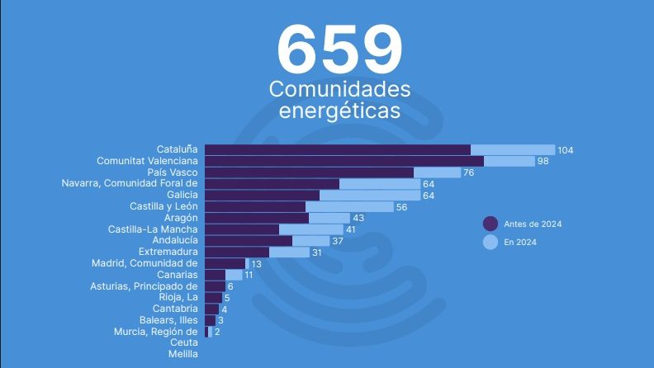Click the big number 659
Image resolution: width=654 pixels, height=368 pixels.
(x=340, y=49)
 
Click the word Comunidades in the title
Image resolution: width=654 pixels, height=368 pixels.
(x=339, y=88)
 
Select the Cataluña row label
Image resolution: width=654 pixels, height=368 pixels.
(x=178, y=149)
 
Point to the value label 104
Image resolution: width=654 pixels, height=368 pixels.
(x=565, y=150)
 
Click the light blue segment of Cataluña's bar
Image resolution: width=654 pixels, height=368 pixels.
(x=512, y=149)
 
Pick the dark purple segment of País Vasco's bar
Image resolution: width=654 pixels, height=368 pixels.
(x=309, y=172)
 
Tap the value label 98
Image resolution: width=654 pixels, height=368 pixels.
(x=543, y=161)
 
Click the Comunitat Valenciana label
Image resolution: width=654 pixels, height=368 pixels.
(x=147, y=161)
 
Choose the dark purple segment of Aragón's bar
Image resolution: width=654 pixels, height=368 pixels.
(x=256, y=218)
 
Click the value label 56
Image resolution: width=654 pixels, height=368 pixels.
(x=401, y=207)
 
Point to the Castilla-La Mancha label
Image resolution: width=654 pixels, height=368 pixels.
(x=153, y=229)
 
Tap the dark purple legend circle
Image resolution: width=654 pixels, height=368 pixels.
(x=490, y=224)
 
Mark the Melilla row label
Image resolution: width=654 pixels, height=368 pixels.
(x=182, y=354)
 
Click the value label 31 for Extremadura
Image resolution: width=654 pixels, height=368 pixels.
(x=316, y=252)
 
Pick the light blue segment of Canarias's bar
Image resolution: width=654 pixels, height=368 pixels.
(x=234, y=275)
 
